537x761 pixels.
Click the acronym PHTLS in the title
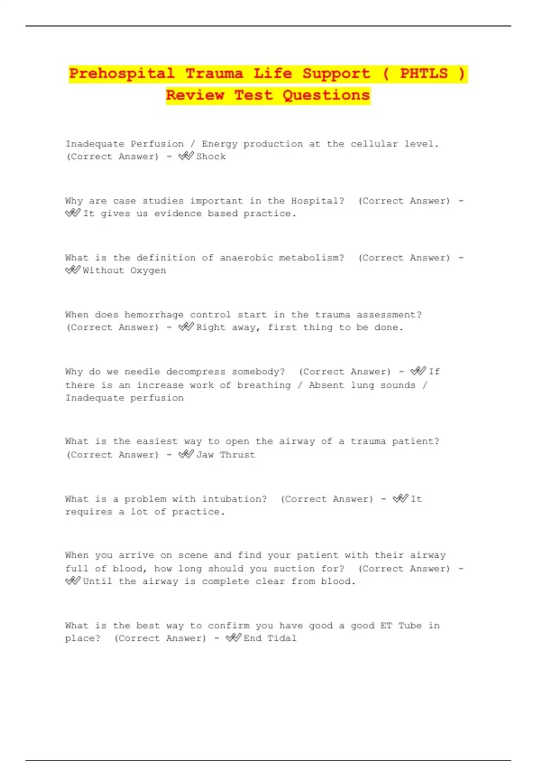[x=423, y=73]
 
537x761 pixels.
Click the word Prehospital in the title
[x=122, y=73]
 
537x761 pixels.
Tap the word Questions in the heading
[x=326, y=95]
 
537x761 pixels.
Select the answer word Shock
[x=211, y=157]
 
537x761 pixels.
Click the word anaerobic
[x=246, y=258]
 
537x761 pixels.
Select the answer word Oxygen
[x=148, y=271]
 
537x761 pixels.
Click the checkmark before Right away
[x=186, y=327]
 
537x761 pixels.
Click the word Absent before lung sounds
[x=326, y=385]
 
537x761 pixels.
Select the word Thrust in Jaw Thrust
[x=237, y=455]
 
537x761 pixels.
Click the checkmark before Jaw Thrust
[x=186, y=454]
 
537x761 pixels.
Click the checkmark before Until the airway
[x=72, y=581]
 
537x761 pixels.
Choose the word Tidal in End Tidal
[x=282, y=638]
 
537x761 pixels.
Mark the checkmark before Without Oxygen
[x=72, y=270]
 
